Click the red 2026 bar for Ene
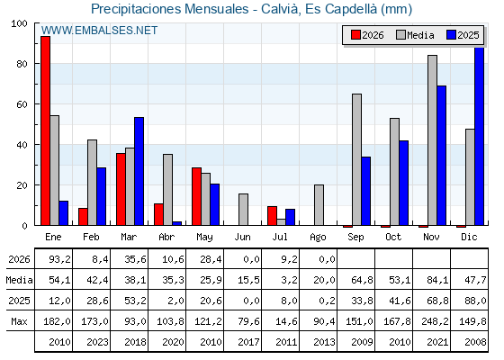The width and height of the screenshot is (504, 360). pos(45,130)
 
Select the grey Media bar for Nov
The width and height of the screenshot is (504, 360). pos(432,140)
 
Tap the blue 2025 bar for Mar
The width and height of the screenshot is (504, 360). pos(139,171)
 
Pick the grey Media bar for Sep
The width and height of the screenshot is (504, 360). pos(356,160)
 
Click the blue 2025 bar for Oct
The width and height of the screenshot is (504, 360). pos(404,183)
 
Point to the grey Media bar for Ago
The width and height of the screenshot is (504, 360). pos(319,205)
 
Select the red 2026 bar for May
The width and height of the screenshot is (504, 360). pos(197,196)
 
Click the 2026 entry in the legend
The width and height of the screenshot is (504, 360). pos(367,35)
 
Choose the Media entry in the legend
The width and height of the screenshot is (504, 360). pos(415,35)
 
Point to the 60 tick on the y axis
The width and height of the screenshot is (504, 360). pos(22,104)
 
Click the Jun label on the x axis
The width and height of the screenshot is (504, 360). pos(242,238)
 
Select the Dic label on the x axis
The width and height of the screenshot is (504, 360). pos(469,238)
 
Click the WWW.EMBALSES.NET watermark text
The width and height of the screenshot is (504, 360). pos(99,31)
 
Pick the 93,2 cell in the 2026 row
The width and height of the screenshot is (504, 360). pos(59,259)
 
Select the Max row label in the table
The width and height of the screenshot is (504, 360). pos(19,321)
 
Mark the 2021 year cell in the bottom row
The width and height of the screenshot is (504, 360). pos(437,342)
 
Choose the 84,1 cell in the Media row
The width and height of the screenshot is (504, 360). pos(437,280)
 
